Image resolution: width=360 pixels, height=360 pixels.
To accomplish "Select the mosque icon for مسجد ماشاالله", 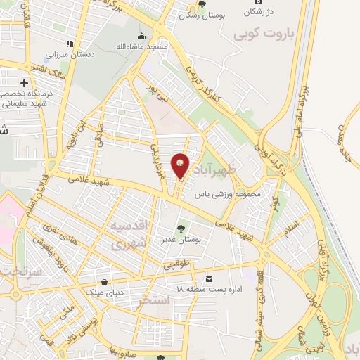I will pyautogui.click(x=143, y=37).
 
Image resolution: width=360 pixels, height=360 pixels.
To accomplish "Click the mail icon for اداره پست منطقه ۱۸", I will pyautogui.click(x=208, y=278).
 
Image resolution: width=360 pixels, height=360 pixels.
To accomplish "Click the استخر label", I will pyautogui.click(x=155, y=300).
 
